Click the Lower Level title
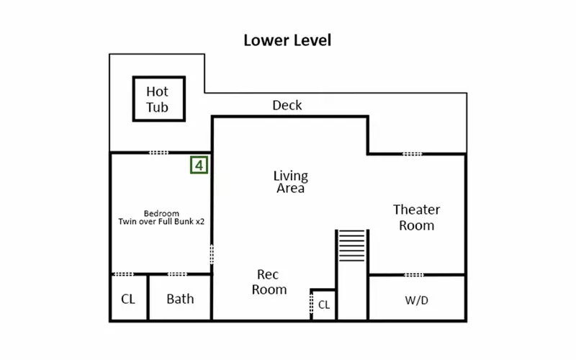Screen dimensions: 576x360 [x=287, y=40]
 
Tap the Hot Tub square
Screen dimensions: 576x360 [x=159, y=77]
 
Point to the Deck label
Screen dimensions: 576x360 [x=287, y=105]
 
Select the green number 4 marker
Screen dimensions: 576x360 [x=199, y=165]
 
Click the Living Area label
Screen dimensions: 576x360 [x=291, y=182]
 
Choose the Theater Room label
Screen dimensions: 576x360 [x=417, y=217]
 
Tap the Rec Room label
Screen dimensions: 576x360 [x=269, y=282]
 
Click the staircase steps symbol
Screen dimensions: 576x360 [x=352, y=246]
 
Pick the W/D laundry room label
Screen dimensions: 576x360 [x=417, y=300]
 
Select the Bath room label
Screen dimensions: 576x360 [x=180, y=299]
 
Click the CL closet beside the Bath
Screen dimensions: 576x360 [x=128, y=299]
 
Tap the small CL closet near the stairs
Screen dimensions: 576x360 [x=323, y=305]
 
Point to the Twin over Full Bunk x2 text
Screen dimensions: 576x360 [x=161, y=222]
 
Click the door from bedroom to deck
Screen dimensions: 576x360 [x=158, y=153]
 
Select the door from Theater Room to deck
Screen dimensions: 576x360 [x=413, y=154]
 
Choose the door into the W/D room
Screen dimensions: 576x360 [x=414, y=275]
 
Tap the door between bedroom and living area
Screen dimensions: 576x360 [x=212, y=254]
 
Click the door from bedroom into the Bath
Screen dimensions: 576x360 [x=177, y=274]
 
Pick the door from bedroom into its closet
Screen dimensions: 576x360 [x=124, y=274]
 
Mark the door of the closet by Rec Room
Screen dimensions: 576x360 [x=312, y=304]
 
